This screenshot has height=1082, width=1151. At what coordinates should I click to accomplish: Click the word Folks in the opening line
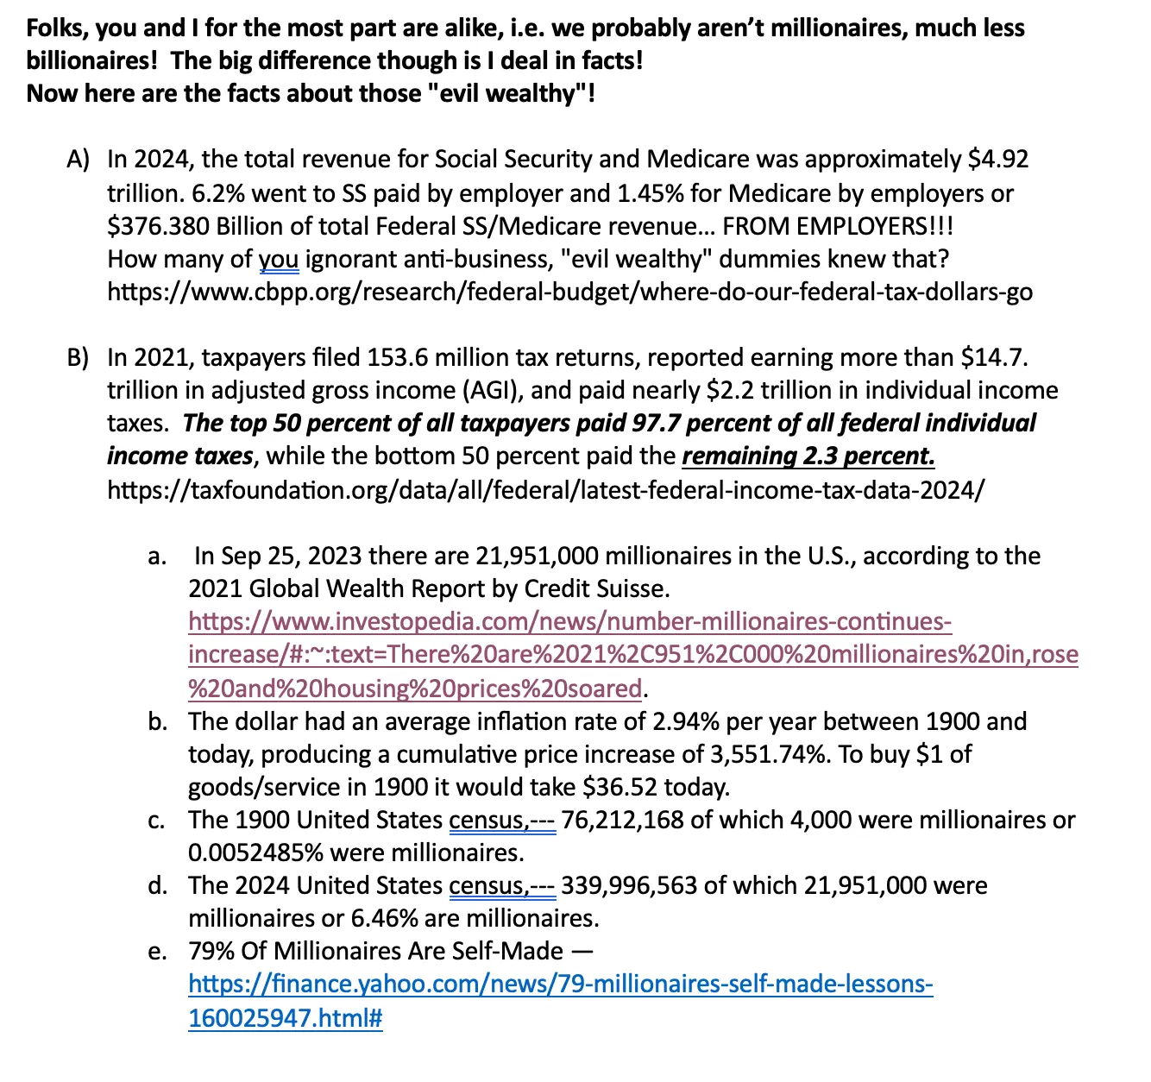click(54, 28)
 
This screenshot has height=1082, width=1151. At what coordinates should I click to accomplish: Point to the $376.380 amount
click(158, 226)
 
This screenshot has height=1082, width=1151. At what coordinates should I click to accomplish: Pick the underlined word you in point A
click(279, 259)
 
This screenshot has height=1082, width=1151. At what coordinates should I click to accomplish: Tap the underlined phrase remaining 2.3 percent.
click(808, 456)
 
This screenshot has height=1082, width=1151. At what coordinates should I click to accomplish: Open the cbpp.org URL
click(569, 293)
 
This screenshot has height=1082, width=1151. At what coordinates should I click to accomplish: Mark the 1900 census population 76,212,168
click(622, 820)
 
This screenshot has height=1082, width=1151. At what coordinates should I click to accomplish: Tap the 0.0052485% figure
click(255, 853)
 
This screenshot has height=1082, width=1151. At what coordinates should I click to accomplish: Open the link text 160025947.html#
click(285, 1018)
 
